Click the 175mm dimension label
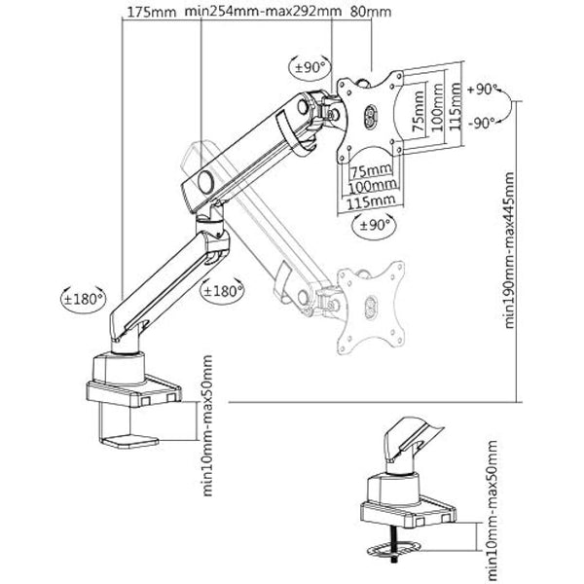[x=151, y=12]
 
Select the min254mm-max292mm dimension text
[x=263, y=11]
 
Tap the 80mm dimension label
[x=371, y=12]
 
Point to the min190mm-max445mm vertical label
[x=509, y=250]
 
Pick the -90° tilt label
[x=482, y=123]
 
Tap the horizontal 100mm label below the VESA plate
[x=373, y=186]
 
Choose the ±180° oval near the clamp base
[x=83, y=299]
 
